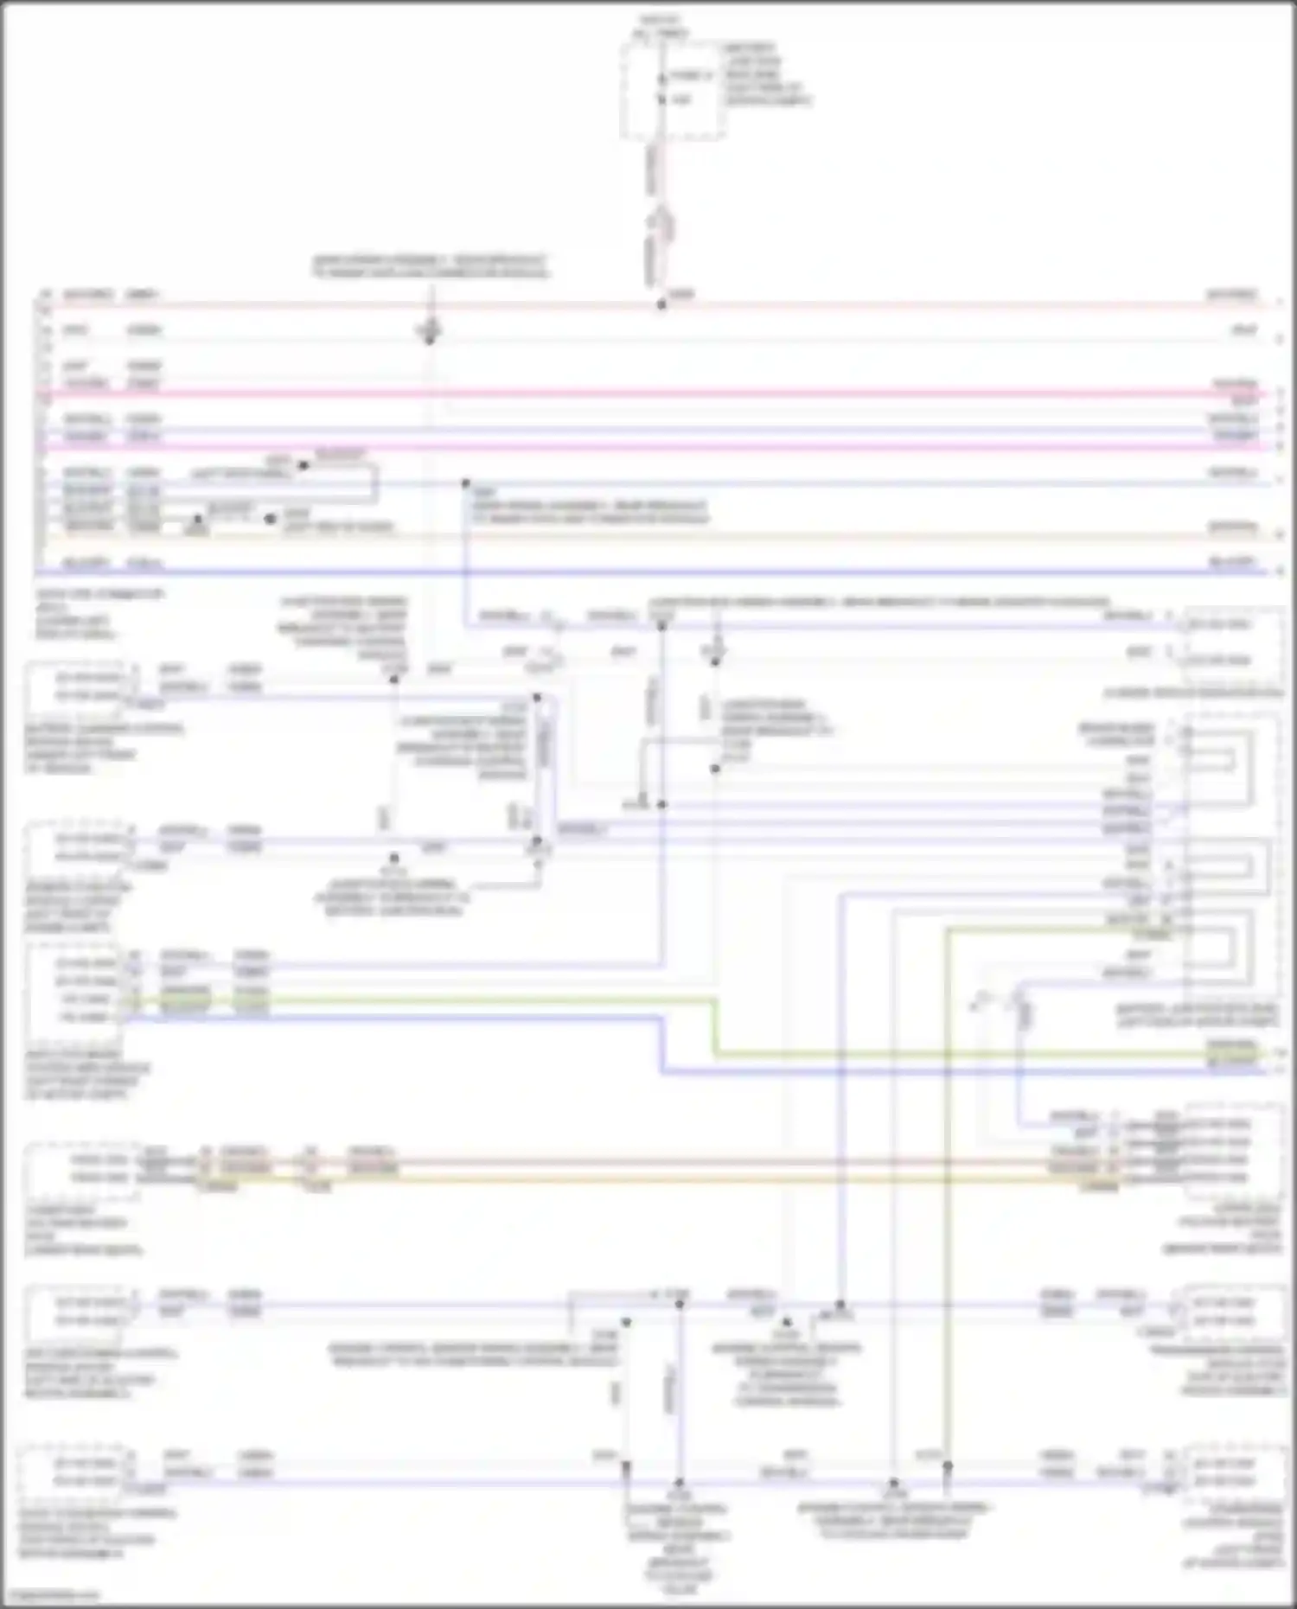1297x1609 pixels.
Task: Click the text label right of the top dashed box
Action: (x=764, y=74)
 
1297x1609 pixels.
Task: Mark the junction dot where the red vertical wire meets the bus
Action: (x=661, y=304)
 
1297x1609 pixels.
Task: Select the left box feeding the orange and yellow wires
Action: (x=82, y=1169)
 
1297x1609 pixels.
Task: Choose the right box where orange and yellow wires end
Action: (x=1232, y=1150)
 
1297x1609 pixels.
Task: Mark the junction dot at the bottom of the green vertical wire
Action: (x=947, y=1467)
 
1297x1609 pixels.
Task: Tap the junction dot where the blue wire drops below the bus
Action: (x=465, y=483)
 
